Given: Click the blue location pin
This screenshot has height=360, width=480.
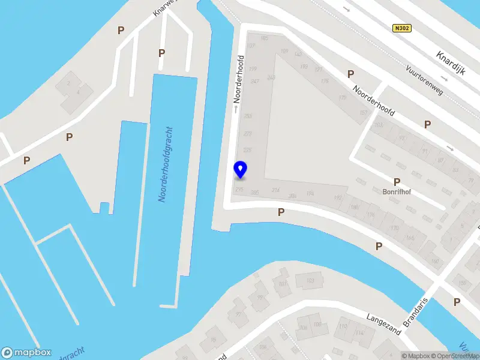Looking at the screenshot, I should click(x=240, y=170).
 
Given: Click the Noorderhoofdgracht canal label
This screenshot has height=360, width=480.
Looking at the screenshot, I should click(x=166, y=164).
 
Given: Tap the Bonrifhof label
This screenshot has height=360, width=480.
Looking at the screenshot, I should click(x=396, y=193).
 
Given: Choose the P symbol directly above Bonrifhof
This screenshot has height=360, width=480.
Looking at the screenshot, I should click(x=397, y=182).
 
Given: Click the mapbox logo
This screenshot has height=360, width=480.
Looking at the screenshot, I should click(x=26, y=353).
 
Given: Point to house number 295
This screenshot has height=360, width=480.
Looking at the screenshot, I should click(x=239, y=189).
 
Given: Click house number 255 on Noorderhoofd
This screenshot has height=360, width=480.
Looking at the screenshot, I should click(x=248, y=116).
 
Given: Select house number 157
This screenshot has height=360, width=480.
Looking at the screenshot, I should click(x=363, y=112).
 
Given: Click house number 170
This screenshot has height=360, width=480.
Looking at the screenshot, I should click(x=395, y=228).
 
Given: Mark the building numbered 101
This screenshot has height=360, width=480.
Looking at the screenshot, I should click(x=282, y=284).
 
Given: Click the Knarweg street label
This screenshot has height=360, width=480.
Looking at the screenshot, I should click(x=162, y=8).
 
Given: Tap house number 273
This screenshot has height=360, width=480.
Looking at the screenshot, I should click(x=247, y=134).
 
